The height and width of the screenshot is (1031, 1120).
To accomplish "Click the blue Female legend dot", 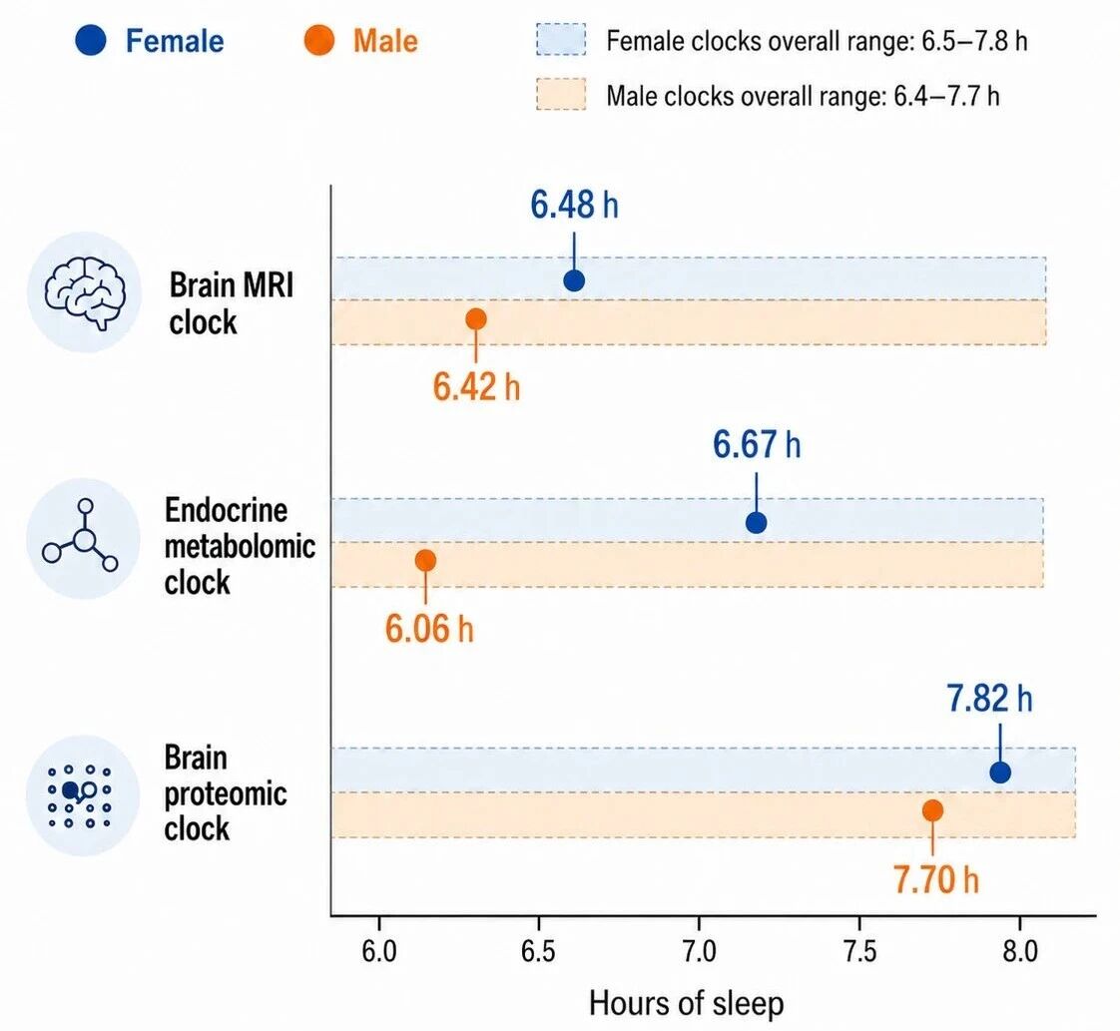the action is tap(91, 40).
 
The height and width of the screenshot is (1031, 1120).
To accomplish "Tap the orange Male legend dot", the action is tap(318, 40).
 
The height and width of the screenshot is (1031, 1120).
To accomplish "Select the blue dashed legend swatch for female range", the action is tap(561, 40).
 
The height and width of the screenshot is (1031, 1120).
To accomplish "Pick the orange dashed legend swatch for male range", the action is tap(561, 94).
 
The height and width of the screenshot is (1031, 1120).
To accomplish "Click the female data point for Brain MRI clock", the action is tap(574, 280).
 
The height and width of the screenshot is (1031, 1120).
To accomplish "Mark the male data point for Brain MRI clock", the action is tap(476, 319).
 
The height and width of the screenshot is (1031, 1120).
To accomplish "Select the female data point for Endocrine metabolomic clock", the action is tap(756, 523).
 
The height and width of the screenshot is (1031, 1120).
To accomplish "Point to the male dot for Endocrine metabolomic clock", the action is tap(425, 561).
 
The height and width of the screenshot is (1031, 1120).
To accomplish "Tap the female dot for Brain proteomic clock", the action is tap(1000, 772).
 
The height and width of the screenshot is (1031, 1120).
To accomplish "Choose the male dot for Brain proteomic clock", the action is tap(932, 810).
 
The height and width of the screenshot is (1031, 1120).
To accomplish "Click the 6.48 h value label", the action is tap(574, 205).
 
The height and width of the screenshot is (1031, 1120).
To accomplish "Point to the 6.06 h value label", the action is tap(428, 629).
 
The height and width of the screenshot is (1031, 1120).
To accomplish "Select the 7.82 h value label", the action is tap(989, 699).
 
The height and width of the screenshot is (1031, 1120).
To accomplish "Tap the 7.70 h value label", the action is tap(935, 879).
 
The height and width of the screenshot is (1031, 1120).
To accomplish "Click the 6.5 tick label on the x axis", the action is tap(538, 952).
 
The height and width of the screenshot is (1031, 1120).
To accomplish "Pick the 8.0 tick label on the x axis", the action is tap(1019, 952).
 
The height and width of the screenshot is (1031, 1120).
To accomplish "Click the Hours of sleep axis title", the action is tap(686, 1003).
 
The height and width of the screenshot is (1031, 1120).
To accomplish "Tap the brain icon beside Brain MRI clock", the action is tap(85, 292).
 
